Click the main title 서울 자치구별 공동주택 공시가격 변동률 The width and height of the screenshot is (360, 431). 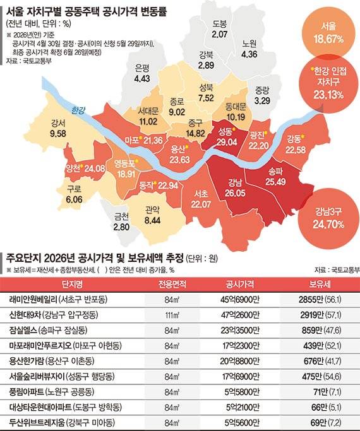(x=85, y=11)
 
